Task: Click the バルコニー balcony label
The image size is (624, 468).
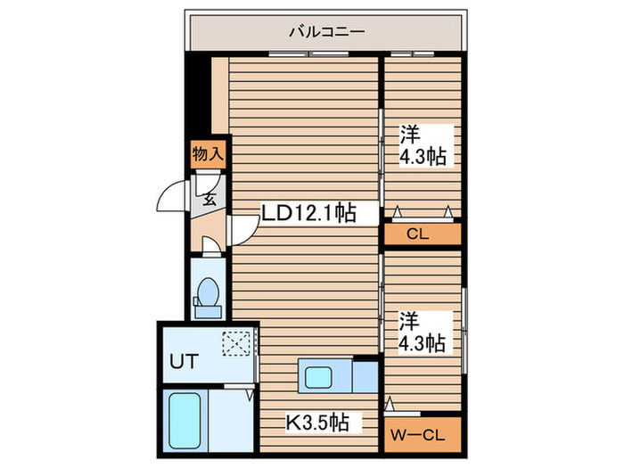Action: tap(326, 31)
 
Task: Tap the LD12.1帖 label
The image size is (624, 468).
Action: tap(308, 212)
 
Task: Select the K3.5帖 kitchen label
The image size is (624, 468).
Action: tap(317, 423)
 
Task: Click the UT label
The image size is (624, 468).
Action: tap(185, 361)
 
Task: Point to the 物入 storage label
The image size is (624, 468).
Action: tap(208, 153)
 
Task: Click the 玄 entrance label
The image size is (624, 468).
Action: tap(209, 199)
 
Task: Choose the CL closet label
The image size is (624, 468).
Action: tap(418, 234)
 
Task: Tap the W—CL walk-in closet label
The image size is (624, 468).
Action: tap(417, 435)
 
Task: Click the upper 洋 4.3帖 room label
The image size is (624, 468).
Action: tap(423, 145)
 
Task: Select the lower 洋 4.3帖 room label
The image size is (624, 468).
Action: tap(422, 333)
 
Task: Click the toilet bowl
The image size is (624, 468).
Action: tap(208, 291)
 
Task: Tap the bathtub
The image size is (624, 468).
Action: tap(185, 421)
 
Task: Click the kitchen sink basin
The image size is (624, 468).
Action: tap(318, 377)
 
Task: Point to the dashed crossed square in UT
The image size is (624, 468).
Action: tap(236, 343)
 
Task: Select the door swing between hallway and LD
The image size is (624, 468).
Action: tap(243, 230)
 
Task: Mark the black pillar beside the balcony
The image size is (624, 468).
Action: tap(198, 94)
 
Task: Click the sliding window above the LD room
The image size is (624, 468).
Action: tap(308, 53)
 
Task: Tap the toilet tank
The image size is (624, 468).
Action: tap(208, 312)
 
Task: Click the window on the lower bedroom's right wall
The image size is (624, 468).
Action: tap(464, 330)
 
